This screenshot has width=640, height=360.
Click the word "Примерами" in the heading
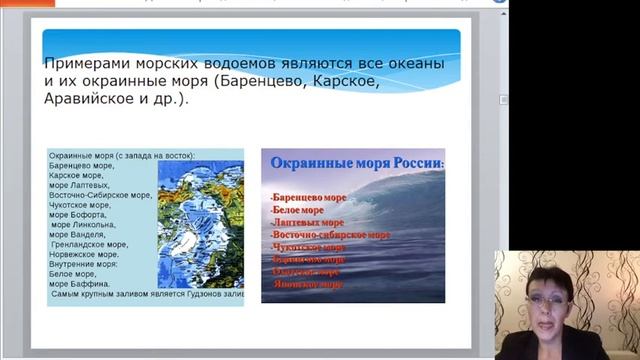click(x=87, y=64)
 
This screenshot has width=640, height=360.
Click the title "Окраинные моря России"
click(x=352, y=164)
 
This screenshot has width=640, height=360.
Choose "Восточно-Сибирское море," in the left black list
click(x=100, y=195)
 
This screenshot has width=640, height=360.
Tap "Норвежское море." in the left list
click(x=87, y=254)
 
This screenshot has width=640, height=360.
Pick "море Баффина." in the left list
click(x=80, y=283)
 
